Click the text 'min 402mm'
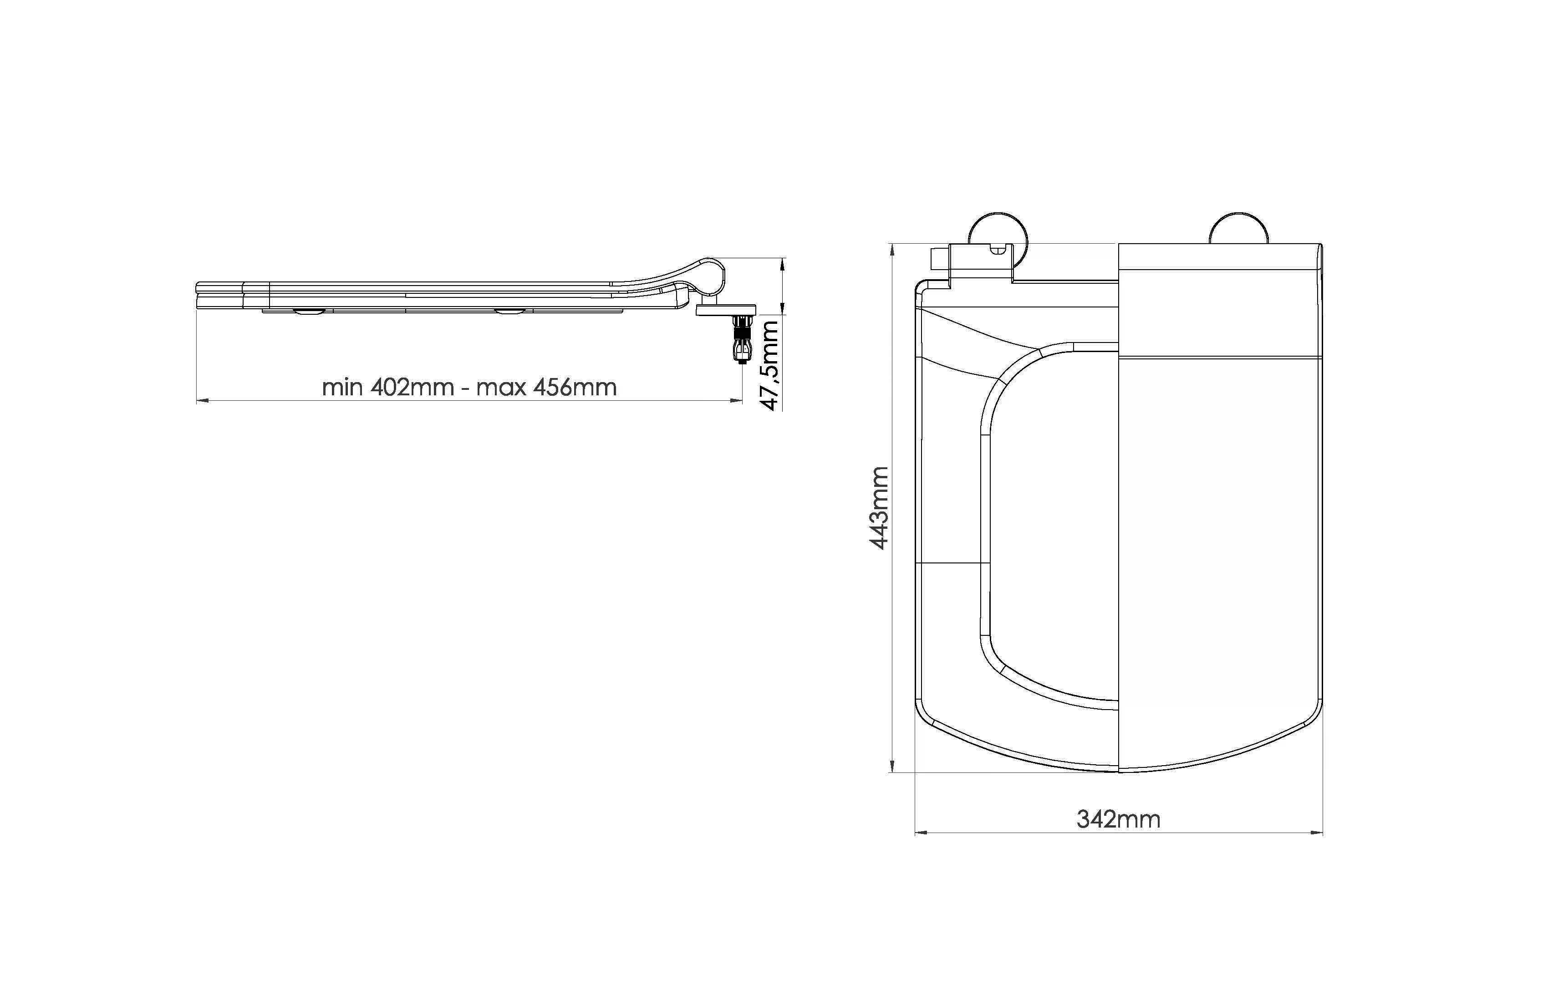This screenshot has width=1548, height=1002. tap(388, 388)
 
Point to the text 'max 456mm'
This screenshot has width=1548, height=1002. tap(546, 388)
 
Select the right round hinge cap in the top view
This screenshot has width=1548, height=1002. tap(1238, 228)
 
